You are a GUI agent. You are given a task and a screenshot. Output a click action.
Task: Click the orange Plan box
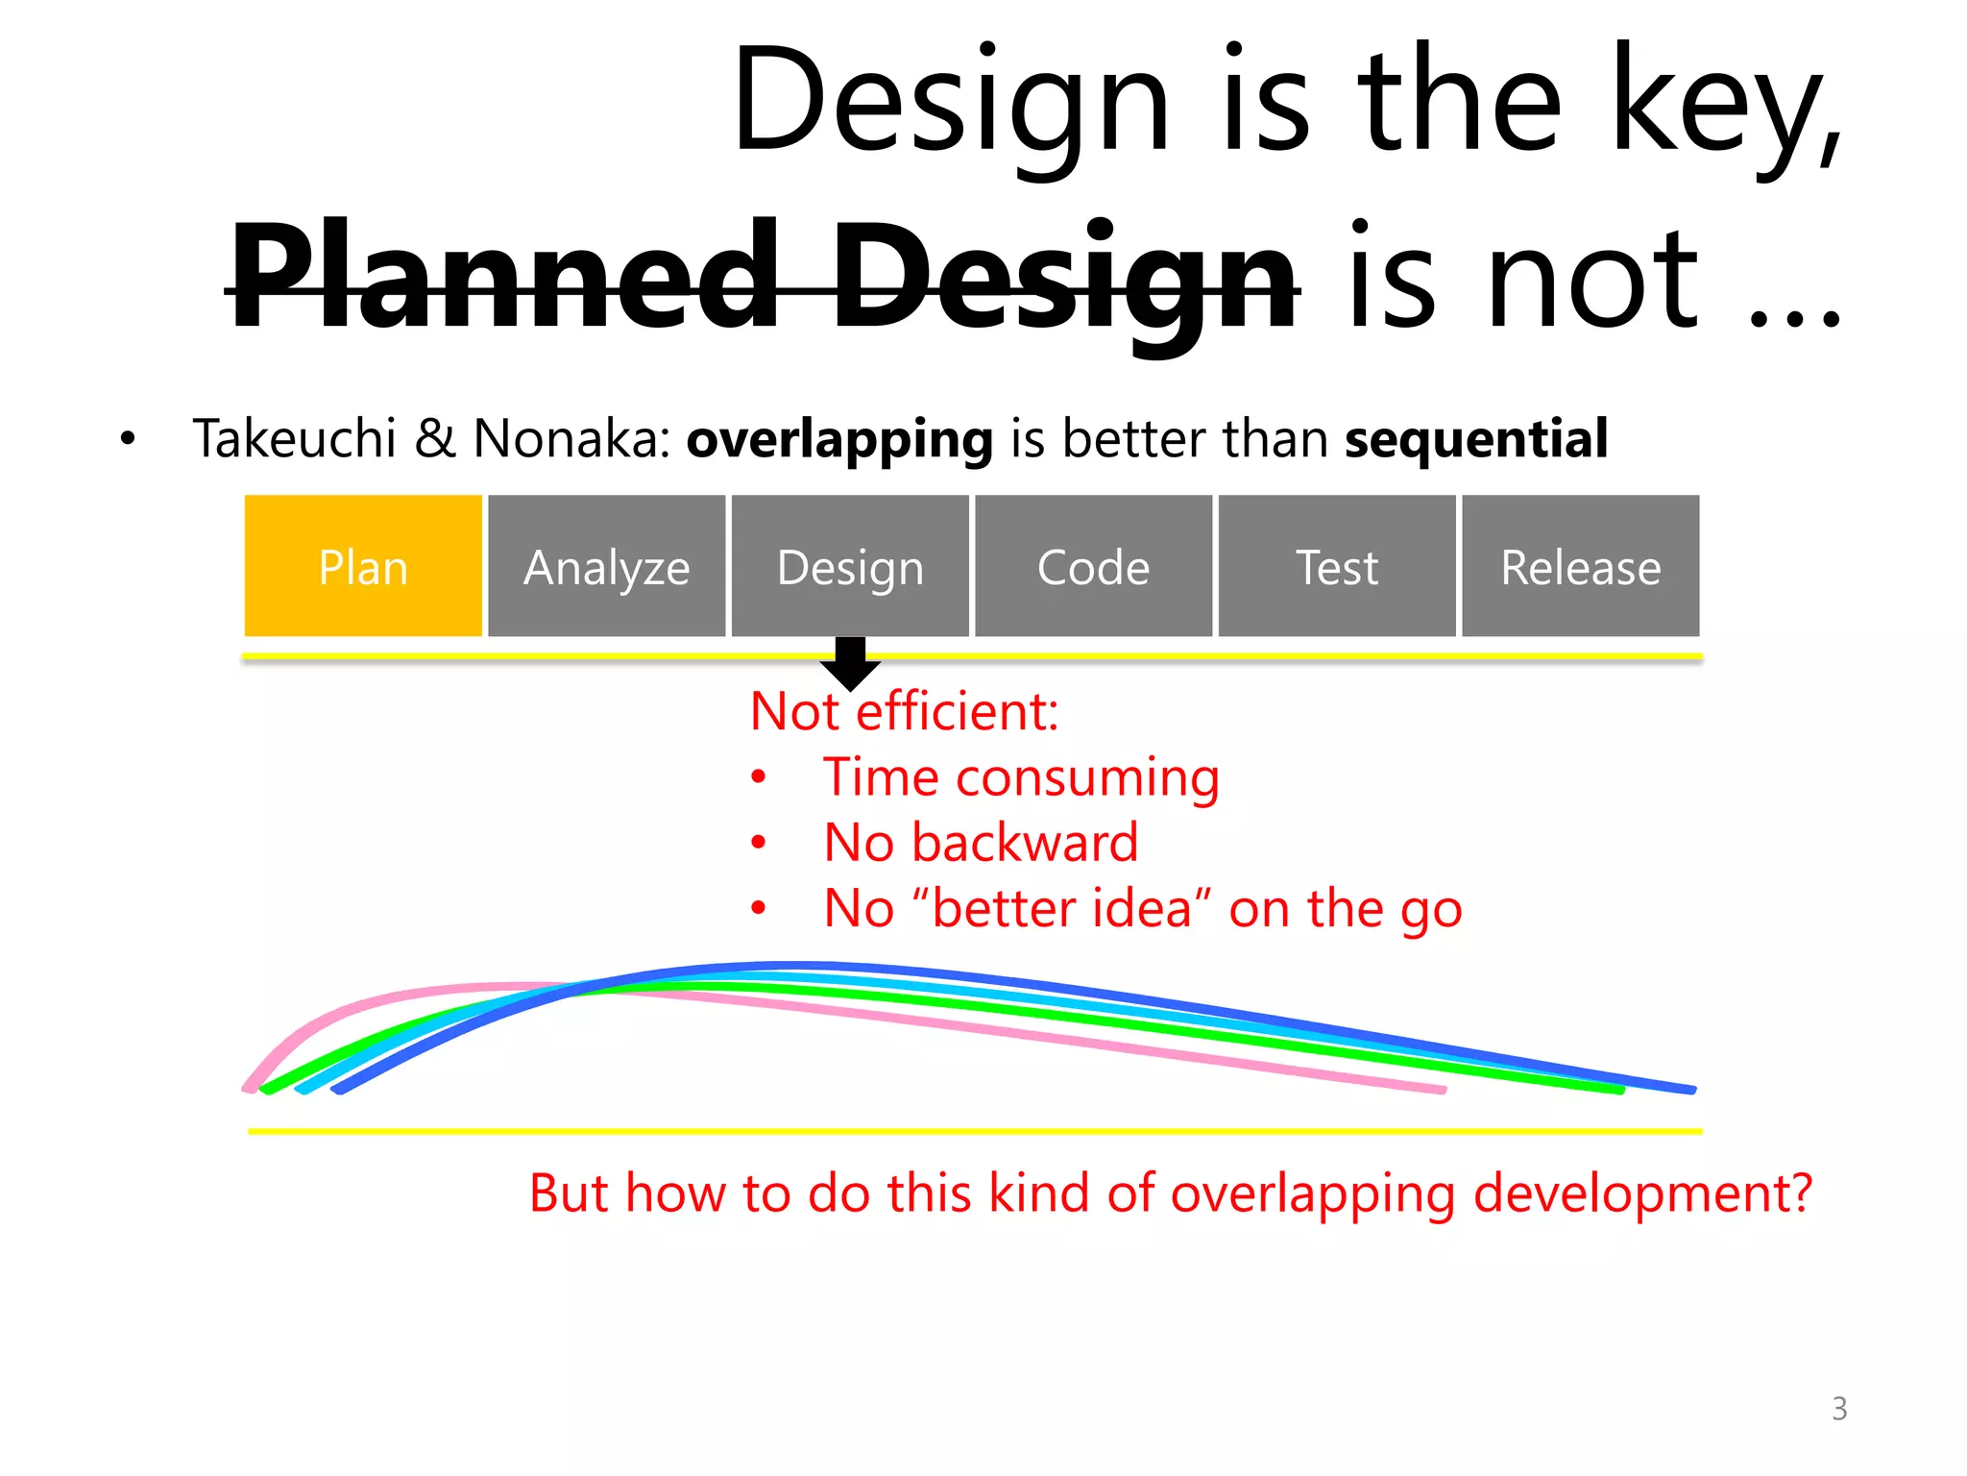click(x=363, y=566)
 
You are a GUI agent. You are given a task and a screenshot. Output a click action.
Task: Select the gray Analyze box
click(x=606, y=566)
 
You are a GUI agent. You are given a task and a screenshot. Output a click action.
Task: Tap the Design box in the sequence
click(x=850, y=566)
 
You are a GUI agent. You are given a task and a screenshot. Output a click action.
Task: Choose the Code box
click(x=1093, y=566)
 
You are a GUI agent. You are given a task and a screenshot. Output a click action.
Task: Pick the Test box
click(x=1336, y=566)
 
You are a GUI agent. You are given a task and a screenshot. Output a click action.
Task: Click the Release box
click(x=1580, y=566)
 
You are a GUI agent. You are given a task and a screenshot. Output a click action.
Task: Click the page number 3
click(x=1838, y=1409)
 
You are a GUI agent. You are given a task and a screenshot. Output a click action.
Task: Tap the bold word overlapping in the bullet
click(x=838, y=439)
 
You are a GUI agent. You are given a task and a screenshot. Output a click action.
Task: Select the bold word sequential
click(x=1475, y=439)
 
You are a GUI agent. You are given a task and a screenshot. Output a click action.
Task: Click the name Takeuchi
click(x=294, y=439)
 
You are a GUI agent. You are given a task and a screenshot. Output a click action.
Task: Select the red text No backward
click(x=980, y=843)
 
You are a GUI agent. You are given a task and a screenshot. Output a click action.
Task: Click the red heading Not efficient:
click(x=904, y=712)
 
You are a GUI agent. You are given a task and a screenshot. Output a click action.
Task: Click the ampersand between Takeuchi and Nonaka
click(x=435, y=439)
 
